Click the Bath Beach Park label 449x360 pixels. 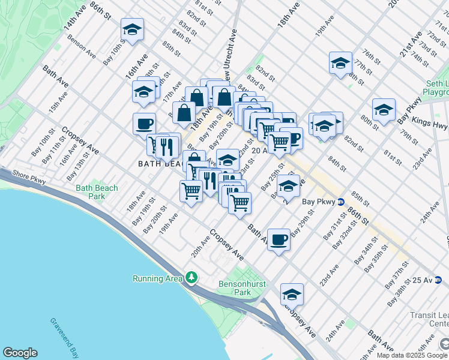click(x=97, y=192)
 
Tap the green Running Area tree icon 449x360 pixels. click(x=191, y=277)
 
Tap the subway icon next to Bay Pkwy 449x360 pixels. click(x=340, y=202)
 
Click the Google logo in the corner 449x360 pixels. click(x=20, y=353)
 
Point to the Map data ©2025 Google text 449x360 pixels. click(x=412, y=355)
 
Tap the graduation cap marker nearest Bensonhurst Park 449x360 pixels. click(x=292, y=295)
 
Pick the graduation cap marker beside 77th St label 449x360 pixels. click(x=340, y=64)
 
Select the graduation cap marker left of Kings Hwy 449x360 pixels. click(x=384, y=110)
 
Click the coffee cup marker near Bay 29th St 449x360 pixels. click(x=278, y=239)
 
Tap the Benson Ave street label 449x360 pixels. click(x=82, y=46)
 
